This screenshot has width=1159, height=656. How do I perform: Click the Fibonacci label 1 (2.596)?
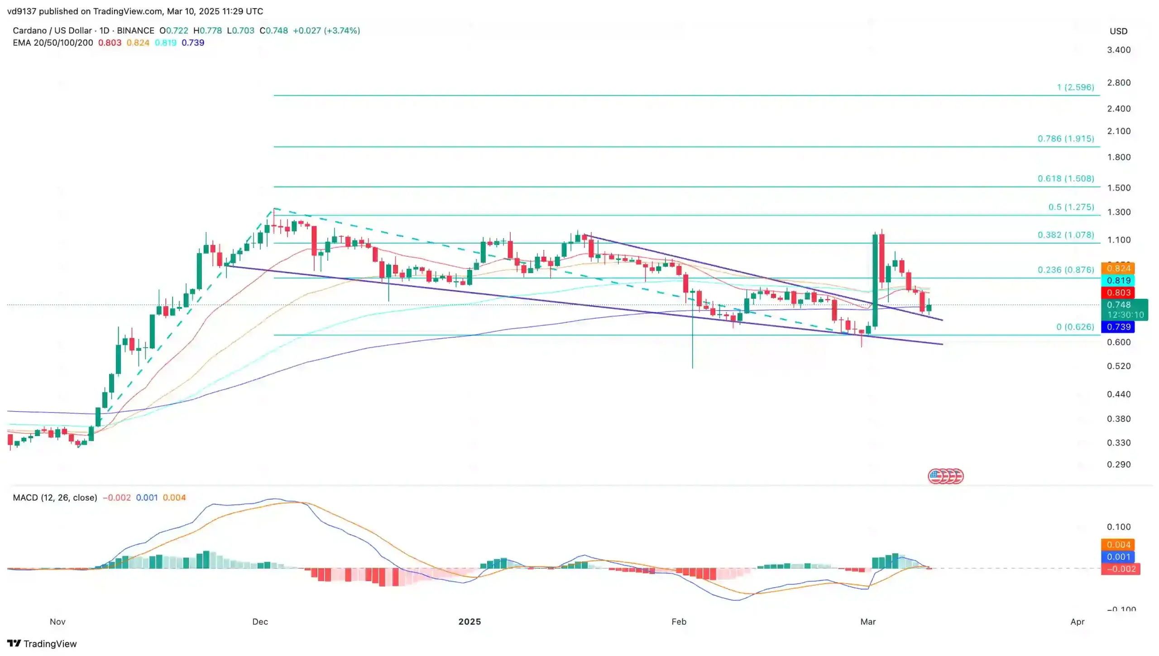pyautogui.click(x=1075, y=87)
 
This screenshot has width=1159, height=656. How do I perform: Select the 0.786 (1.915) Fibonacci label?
pyautogui.click(x=1066, y=139)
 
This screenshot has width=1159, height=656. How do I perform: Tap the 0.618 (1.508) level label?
pyautogui.click(x=1066, y=178)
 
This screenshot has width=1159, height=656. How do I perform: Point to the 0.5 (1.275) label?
pyautogui.click(x=1071, y=207)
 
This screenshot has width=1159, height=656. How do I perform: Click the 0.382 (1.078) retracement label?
pyautogui.click(x=1066, y=235)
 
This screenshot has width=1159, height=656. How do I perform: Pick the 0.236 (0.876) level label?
pyautogui.click(x=1066, y=270)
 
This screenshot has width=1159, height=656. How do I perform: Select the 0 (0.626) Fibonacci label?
pyautogui.click(x=1075, y=327)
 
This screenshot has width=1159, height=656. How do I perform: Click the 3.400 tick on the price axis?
pyautogui.click(x=1119, y=50)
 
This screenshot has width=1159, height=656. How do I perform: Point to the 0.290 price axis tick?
pyautogui.click(x=1119, y=464)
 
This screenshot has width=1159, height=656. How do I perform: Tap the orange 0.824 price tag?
pyautogui.click(x=1118, y=268)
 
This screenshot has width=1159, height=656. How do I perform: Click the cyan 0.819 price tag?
pyautogui.click(x=1118, y=281)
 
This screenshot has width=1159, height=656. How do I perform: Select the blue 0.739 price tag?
pyautogui.click(x=1118, y=327)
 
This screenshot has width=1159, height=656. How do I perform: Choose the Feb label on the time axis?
pyautogui.click(x=679, y=622)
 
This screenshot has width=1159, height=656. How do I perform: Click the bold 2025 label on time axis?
pyautogui.click(x=469, y=622)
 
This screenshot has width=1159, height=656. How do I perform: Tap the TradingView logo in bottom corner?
pyautogui.click(x=42, y=644)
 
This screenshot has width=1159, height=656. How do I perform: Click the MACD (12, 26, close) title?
pyautogui.click(x=55, y=498)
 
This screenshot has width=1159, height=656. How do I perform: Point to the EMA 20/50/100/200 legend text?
pyautogui.click(x=53, y=43)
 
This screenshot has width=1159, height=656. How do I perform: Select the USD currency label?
pyautogui.click(x=1118, y=31)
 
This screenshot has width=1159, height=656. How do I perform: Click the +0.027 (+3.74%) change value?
pyautogui.click(x=326, y=30)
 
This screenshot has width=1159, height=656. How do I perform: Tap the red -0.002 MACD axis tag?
pyautogui.click(x=1121, y=569)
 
